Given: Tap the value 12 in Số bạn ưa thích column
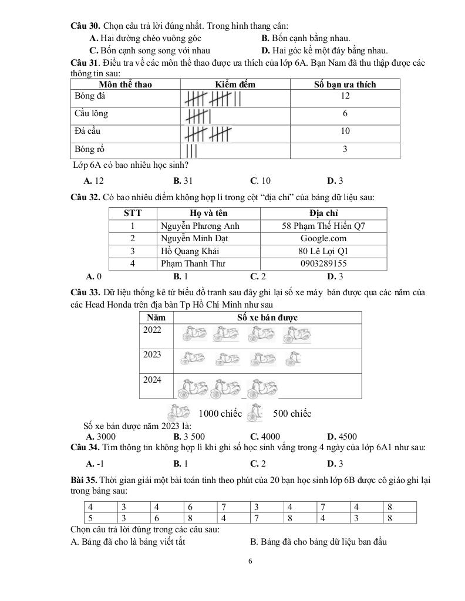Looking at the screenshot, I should coord(345,96).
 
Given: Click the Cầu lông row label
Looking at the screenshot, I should coord(92,113).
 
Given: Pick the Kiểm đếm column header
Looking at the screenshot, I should coord(235,84).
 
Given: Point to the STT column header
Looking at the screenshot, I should coord(133,213).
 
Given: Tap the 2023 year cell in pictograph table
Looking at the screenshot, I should coord(152,354).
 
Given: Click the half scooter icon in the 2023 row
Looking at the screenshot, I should coord(292,357).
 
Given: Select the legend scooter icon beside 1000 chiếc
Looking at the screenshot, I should coord(179,413).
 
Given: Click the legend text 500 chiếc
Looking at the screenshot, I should coord(292,414).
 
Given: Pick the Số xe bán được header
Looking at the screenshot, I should coord(267,318).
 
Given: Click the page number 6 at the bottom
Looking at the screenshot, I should coord(250,561).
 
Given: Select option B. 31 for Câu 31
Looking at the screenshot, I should coord(183,181).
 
